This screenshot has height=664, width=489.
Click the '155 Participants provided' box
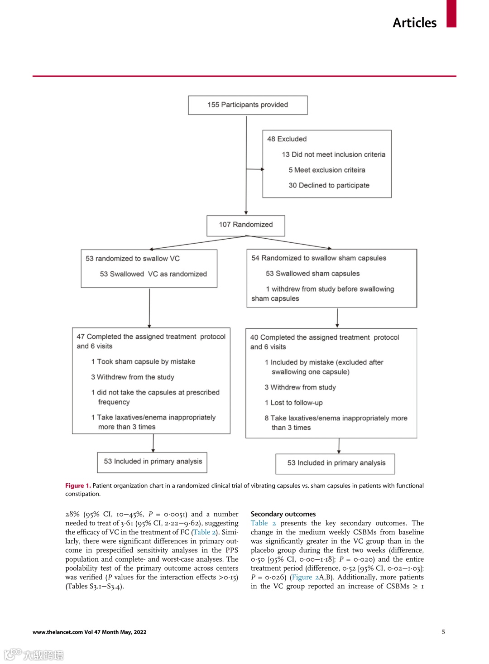pyautogui.click(x=248, y=105)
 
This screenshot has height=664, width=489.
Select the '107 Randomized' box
pyautogui.click(x=246, y=225)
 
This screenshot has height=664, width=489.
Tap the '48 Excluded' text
pyautogui.click(x=287, y=139)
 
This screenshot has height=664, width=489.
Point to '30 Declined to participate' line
pyautogui.click(x=329, y=185)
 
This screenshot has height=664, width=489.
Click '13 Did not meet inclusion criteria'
pyautogui.click(x=333, y=154)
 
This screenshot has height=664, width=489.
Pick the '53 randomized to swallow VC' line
pyautogui.click(x=133, y=259)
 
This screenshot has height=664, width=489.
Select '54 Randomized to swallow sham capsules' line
pyautogui.click(x=319, y=258)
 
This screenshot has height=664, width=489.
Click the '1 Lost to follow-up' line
pyautogui.click(x=293, y=403)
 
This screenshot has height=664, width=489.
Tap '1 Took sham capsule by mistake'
pyautogui.click(x=143, y=361)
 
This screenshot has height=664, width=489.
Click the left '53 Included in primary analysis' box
pyautogui.click(x=153, y=462)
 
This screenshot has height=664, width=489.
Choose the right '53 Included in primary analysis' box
pyautogui.click(x=336, y=463)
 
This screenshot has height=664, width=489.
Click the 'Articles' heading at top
pyautogui.click(x=414, y=23)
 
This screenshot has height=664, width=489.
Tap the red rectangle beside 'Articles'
pyautogui.click(x=451, y=14)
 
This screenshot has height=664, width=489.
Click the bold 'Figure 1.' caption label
pyautogui.click(x=78, y=486)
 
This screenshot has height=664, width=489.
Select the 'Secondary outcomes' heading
pyautogui.click(x=283, y=514)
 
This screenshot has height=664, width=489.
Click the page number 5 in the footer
pyautogui.click(x=443, y=632)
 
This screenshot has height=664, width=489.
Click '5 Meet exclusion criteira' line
pyautogui.click(x=326, y=170)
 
